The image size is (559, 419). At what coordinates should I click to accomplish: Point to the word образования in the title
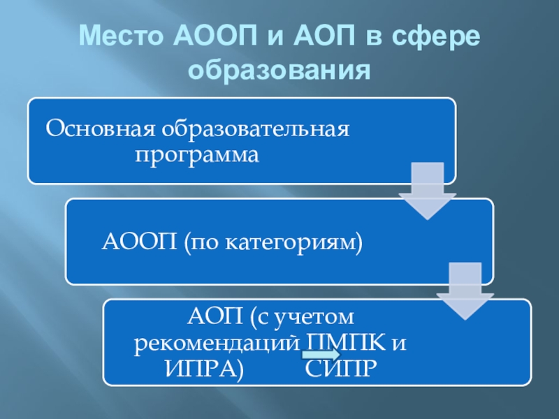[x=279, y=70]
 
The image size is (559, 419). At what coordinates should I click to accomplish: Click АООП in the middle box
[x=139, y=242]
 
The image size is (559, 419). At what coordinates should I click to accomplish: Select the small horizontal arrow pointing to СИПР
[x=321, y=355]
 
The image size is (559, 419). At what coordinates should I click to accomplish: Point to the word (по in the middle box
[x=201, y=242]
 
